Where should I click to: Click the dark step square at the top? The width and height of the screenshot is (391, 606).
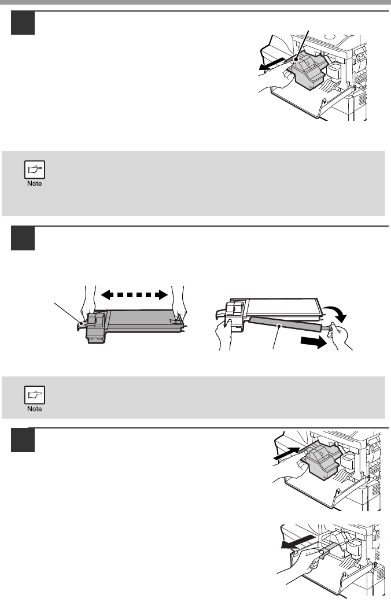pos(23,24)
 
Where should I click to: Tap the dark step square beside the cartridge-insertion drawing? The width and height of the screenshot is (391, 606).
pos(23,441)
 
